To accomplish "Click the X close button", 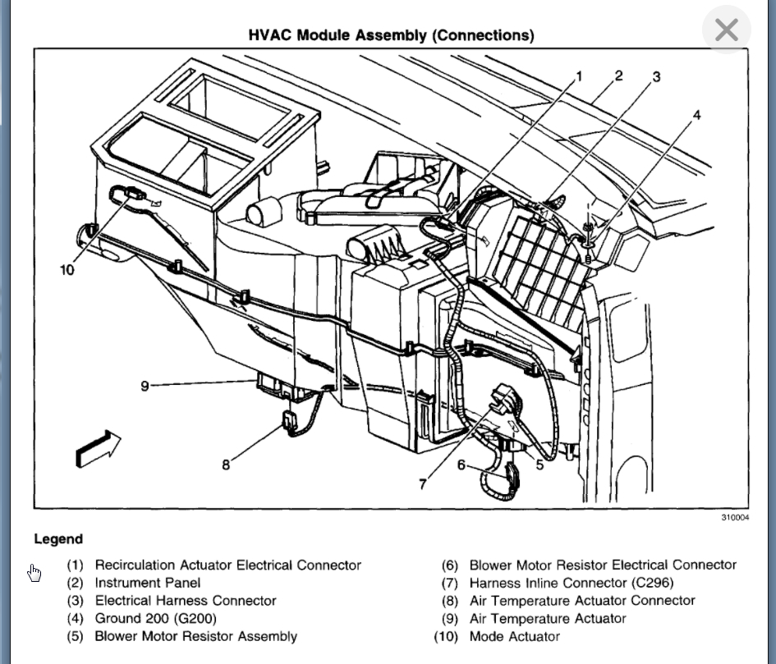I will tap(727, 30).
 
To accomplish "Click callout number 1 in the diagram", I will tap(579, 76).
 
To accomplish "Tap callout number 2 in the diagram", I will tap(618, 76).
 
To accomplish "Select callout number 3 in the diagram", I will tap(656, 77).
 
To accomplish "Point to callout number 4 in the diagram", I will tap(696, 115).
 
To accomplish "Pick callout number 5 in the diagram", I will tap(540, 465).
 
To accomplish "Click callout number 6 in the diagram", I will tap(461, 465).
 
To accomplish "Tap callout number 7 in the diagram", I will tap(423, 484).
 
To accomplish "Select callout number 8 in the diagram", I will tap(226, 465).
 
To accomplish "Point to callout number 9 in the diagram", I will tap(145, 385).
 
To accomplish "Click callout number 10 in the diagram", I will tap(67, 269).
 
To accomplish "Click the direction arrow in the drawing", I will tap(98, 448).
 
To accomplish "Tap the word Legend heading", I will tap(58, 539).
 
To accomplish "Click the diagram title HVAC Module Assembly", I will tap(391, 35).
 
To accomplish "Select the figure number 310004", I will tap(735, 518).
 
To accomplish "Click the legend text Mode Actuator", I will tap(514, 636).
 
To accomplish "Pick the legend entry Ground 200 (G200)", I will tap(155, 618).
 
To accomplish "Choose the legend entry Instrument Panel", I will tap(147, 583).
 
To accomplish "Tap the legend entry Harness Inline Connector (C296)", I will tap(571, 583).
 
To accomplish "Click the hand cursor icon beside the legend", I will tap(34, 572).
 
